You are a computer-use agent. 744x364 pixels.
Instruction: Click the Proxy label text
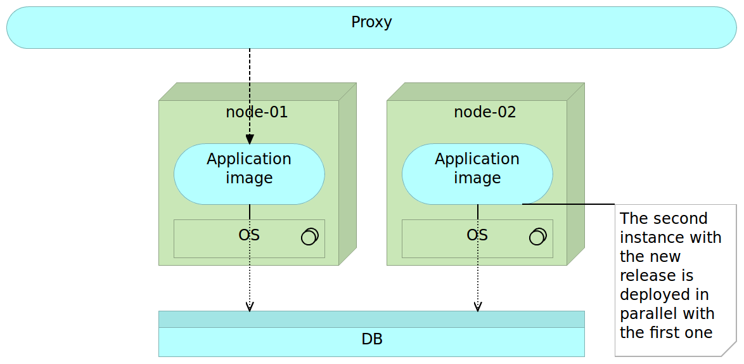tap(371, 22)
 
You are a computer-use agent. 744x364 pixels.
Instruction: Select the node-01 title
tap(257, 112)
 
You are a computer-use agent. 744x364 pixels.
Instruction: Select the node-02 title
tap(485, 112)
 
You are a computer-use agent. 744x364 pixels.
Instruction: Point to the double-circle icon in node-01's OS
tap(309, 236)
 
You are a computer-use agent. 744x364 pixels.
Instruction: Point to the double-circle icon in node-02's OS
tap(537, 236)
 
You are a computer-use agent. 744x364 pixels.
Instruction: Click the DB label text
tap(371, 339)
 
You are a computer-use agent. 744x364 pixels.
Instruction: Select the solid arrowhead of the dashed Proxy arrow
tap(250, 140)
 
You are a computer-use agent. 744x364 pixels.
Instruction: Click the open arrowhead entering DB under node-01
tap(250, 307)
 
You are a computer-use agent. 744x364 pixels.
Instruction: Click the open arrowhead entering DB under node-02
tap(478, 307)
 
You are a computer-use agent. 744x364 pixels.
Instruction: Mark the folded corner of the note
tap(729, 349)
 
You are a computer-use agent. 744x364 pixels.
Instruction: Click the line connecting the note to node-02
tap(570, 204)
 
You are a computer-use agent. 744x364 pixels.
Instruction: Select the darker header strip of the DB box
tap(371, 319)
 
